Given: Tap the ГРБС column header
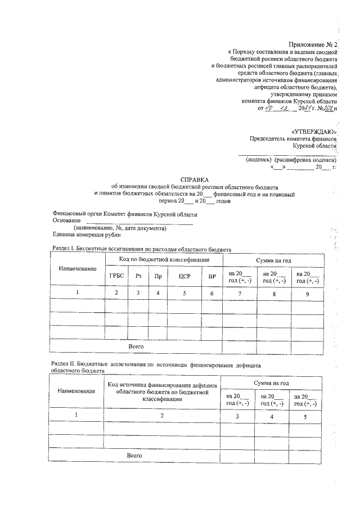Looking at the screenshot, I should [x=116, y=276].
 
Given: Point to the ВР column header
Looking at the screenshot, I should [x=211, y=276].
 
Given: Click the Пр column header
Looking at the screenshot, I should [x=158, y=276].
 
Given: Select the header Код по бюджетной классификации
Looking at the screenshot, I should [x=164, y=260].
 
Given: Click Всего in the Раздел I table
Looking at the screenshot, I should [x=136, y=346].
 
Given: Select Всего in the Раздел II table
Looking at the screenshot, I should [x=134, y=454].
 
